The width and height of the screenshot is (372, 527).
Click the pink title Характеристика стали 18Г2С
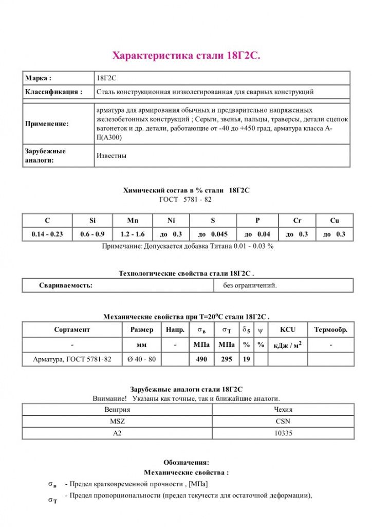coord(186,56)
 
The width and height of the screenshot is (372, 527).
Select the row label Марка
coord(38,78)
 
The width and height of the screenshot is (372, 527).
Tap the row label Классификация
coord(53,92)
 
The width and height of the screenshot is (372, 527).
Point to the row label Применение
coord(47,124)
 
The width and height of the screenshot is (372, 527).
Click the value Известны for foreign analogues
coord(111,155)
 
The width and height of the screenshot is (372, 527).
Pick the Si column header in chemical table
coord(92,220)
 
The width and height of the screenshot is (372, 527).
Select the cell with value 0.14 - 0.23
coord(47,234)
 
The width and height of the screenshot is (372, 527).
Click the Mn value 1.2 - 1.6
coord(133,234)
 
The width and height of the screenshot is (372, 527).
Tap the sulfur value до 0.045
coord(213,234)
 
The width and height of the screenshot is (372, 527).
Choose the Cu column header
coord(334,220)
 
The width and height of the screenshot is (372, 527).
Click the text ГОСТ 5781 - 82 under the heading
coord(185,199)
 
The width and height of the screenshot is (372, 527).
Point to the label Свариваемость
coord(66,285)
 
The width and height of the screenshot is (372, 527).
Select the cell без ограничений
coord(250,285)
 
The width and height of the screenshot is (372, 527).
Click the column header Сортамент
coord(72,330)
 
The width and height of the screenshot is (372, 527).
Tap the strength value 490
coord(202,359)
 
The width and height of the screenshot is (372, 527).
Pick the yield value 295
coord(227,359)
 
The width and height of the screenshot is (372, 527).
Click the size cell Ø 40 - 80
coord(141,359)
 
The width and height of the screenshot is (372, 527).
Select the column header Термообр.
coord(330,330)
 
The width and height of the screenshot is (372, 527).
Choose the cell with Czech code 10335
coord(283,433)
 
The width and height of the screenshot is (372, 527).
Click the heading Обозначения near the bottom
coord(186,462)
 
